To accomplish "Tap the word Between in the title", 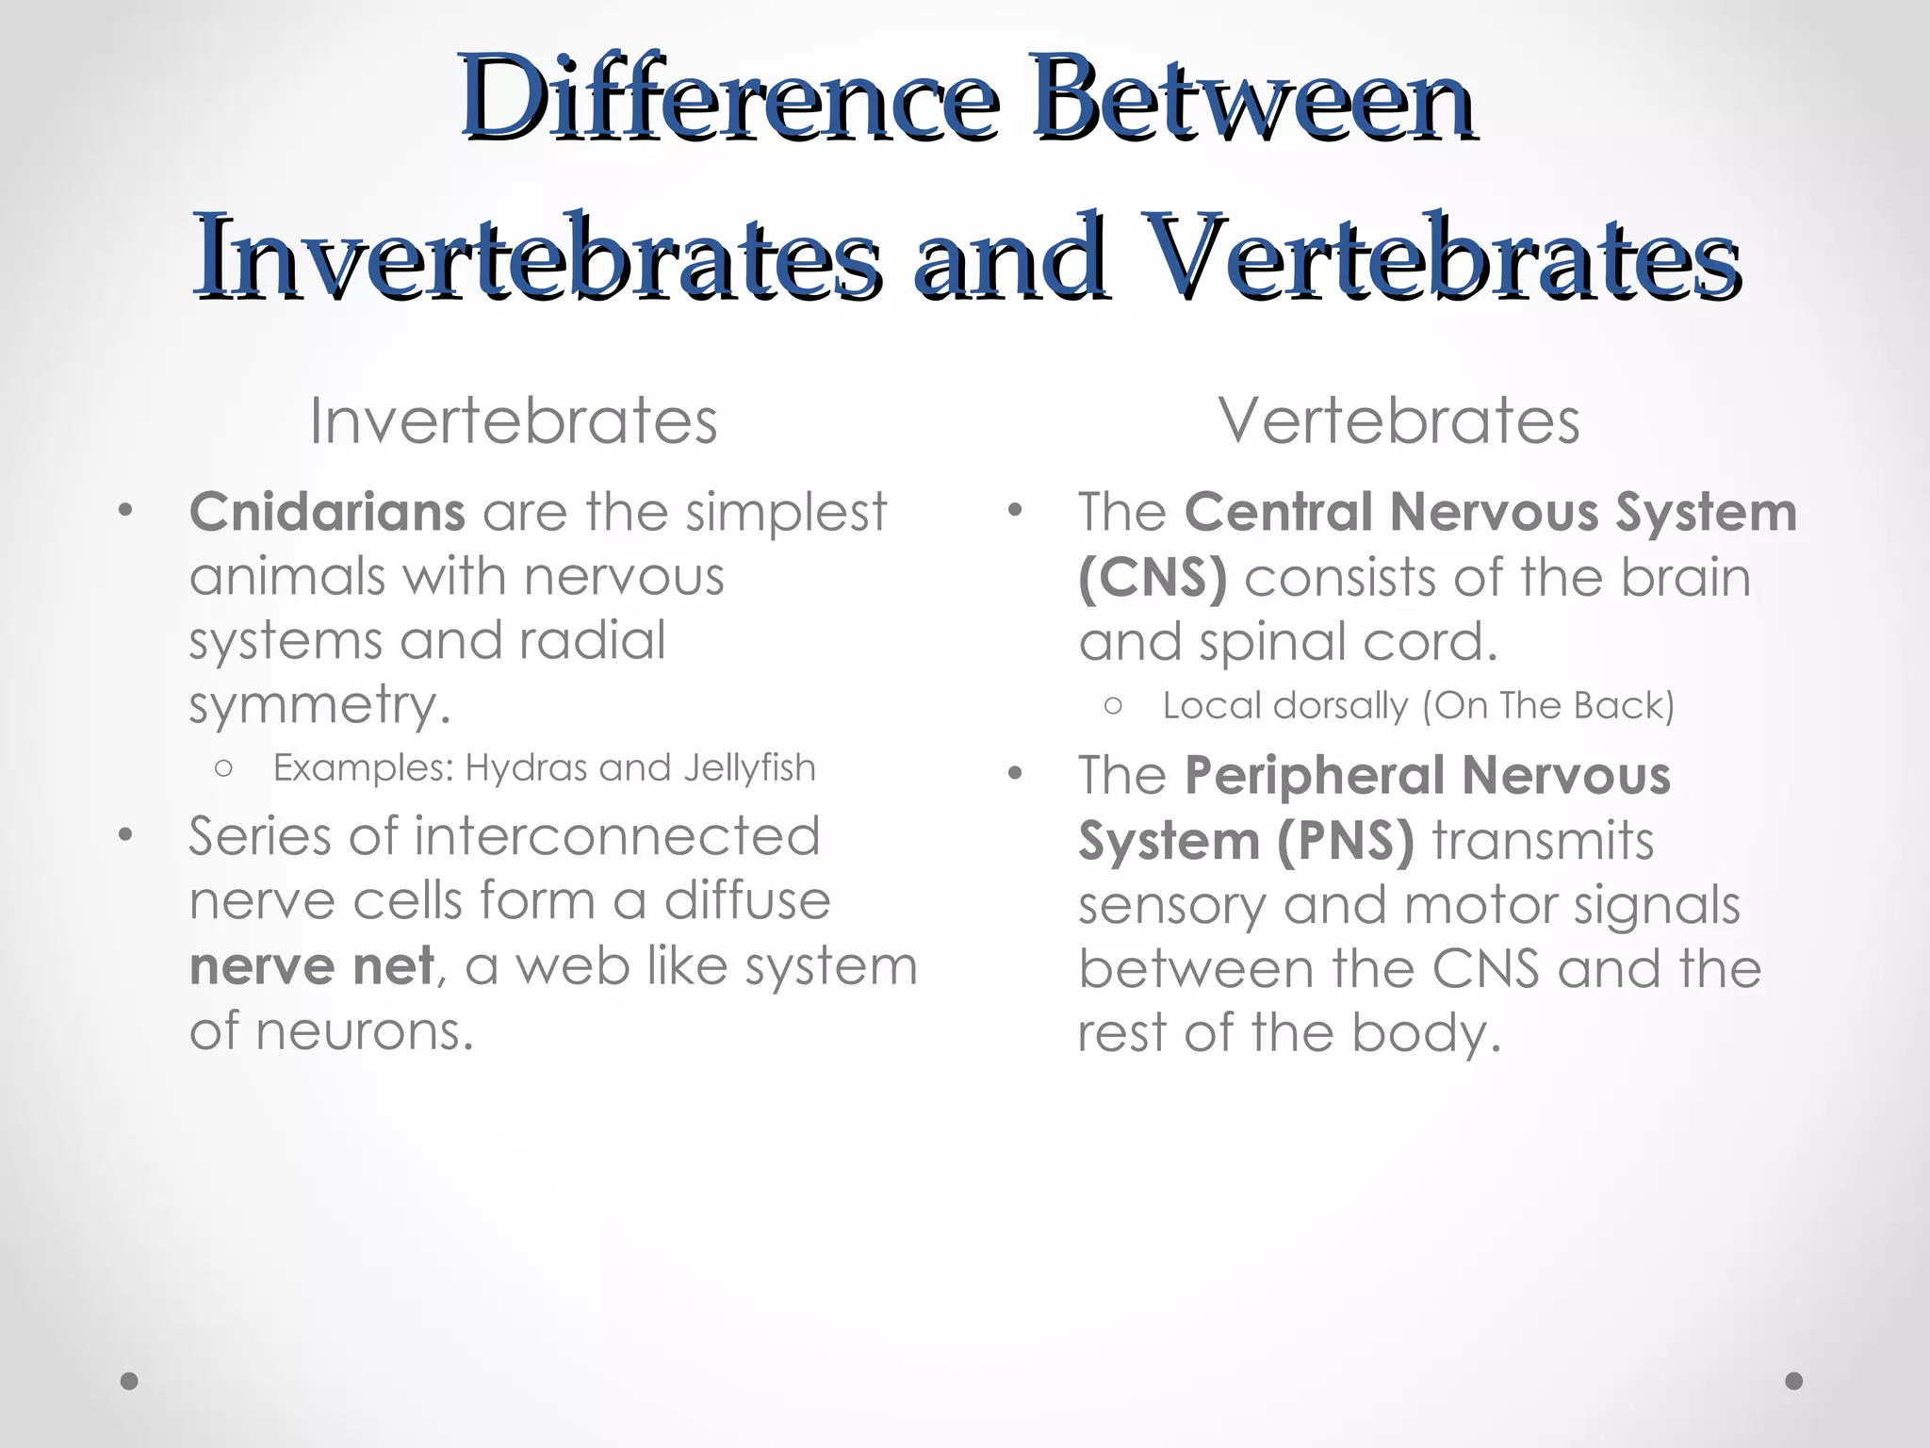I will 1253,99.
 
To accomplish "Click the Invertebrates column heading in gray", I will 514,420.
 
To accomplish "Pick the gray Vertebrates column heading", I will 1398,420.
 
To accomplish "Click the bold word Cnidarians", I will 327,512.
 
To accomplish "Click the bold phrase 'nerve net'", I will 312,965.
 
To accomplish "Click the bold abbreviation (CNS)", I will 1153,577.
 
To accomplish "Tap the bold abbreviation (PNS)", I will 1346,841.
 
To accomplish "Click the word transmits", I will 1543,841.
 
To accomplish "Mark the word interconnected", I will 617,836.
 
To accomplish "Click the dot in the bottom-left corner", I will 129,1381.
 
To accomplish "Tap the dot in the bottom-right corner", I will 1794,1381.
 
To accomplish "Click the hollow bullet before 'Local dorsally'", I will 1114,705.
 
